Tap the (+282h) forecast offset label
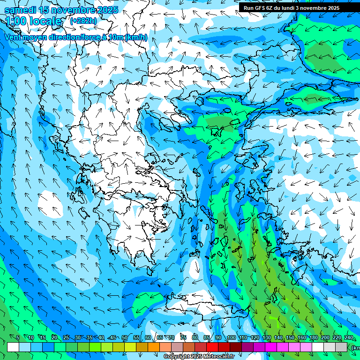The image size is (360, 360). (83, 21)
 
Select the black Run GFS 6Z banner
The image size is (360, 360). (298, 7)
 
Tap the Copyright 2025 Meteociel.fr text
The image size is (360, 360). (199, 357)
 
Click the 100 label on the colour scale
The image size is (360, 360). (231, 337)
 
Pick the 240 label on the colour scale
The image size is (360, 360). (349, 337)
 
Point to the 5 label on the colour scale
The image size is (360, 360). (18, 337)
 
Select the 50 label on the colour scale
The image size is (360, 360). (125, 337)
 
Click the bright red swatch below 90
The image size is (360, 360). (212, 347)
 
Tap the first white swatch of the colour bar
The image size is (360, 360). (13, 347)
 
